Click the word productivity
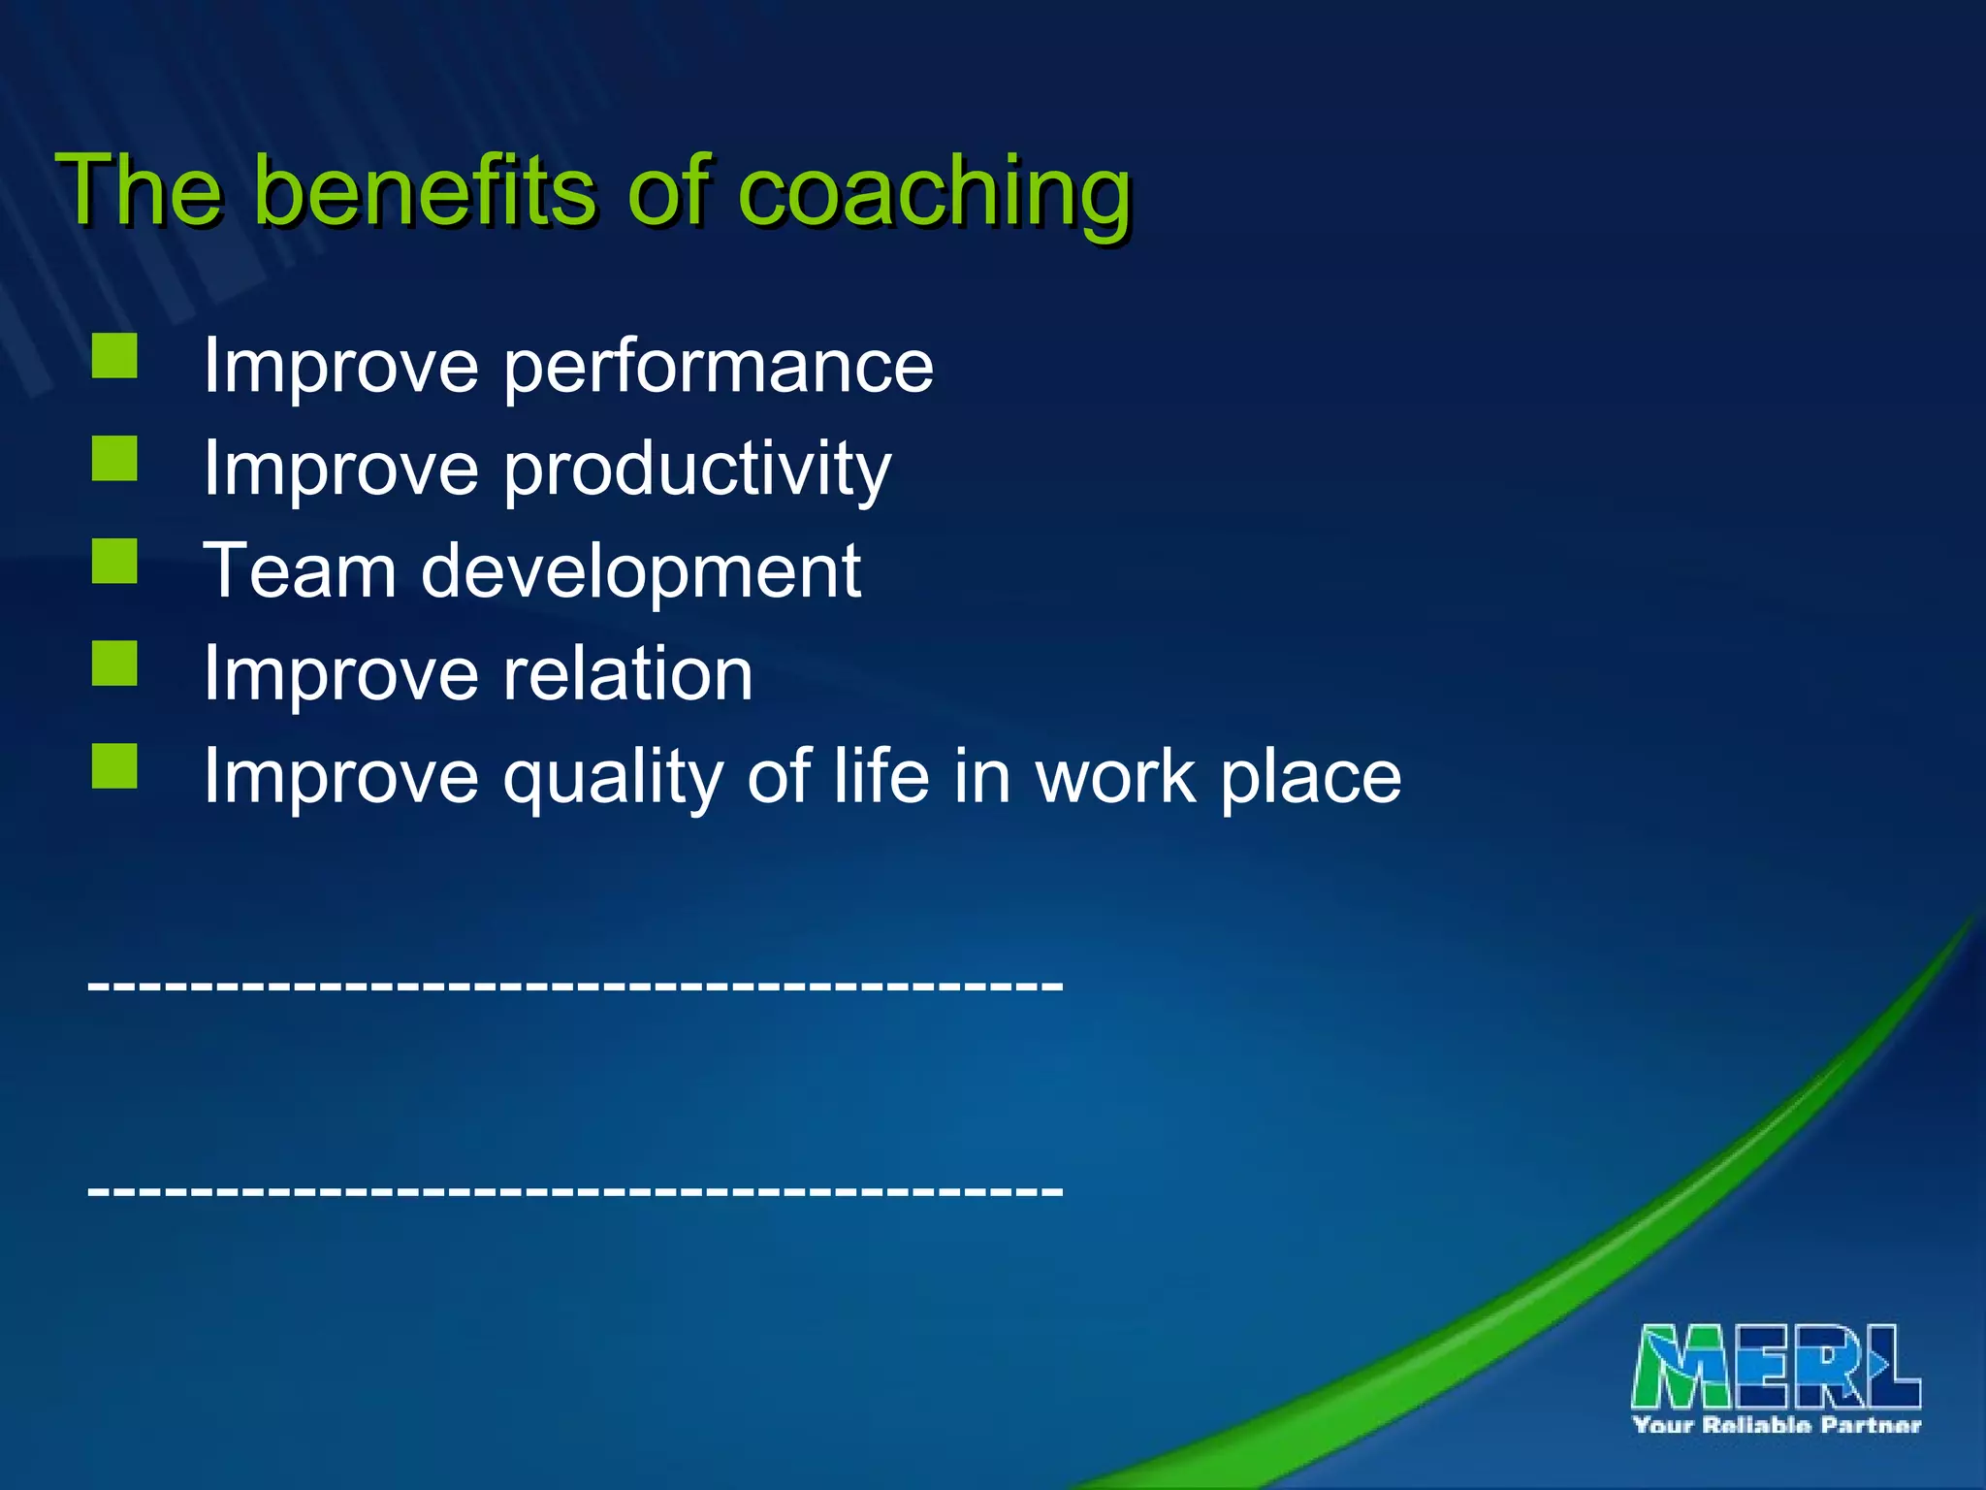click(696, 470)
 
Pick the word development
click(640, 572)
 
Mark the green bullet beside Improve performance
click(114, 356)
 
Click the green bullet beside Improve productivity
click(114, 458)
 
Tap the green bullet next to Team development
click(114, 561)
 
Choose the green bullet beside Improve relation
click(114, 664)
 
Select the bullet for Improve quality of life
click(114, 765)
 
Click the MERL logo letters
click(1776, 1367)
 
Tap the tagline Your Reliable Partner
click(1776, 1424)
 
